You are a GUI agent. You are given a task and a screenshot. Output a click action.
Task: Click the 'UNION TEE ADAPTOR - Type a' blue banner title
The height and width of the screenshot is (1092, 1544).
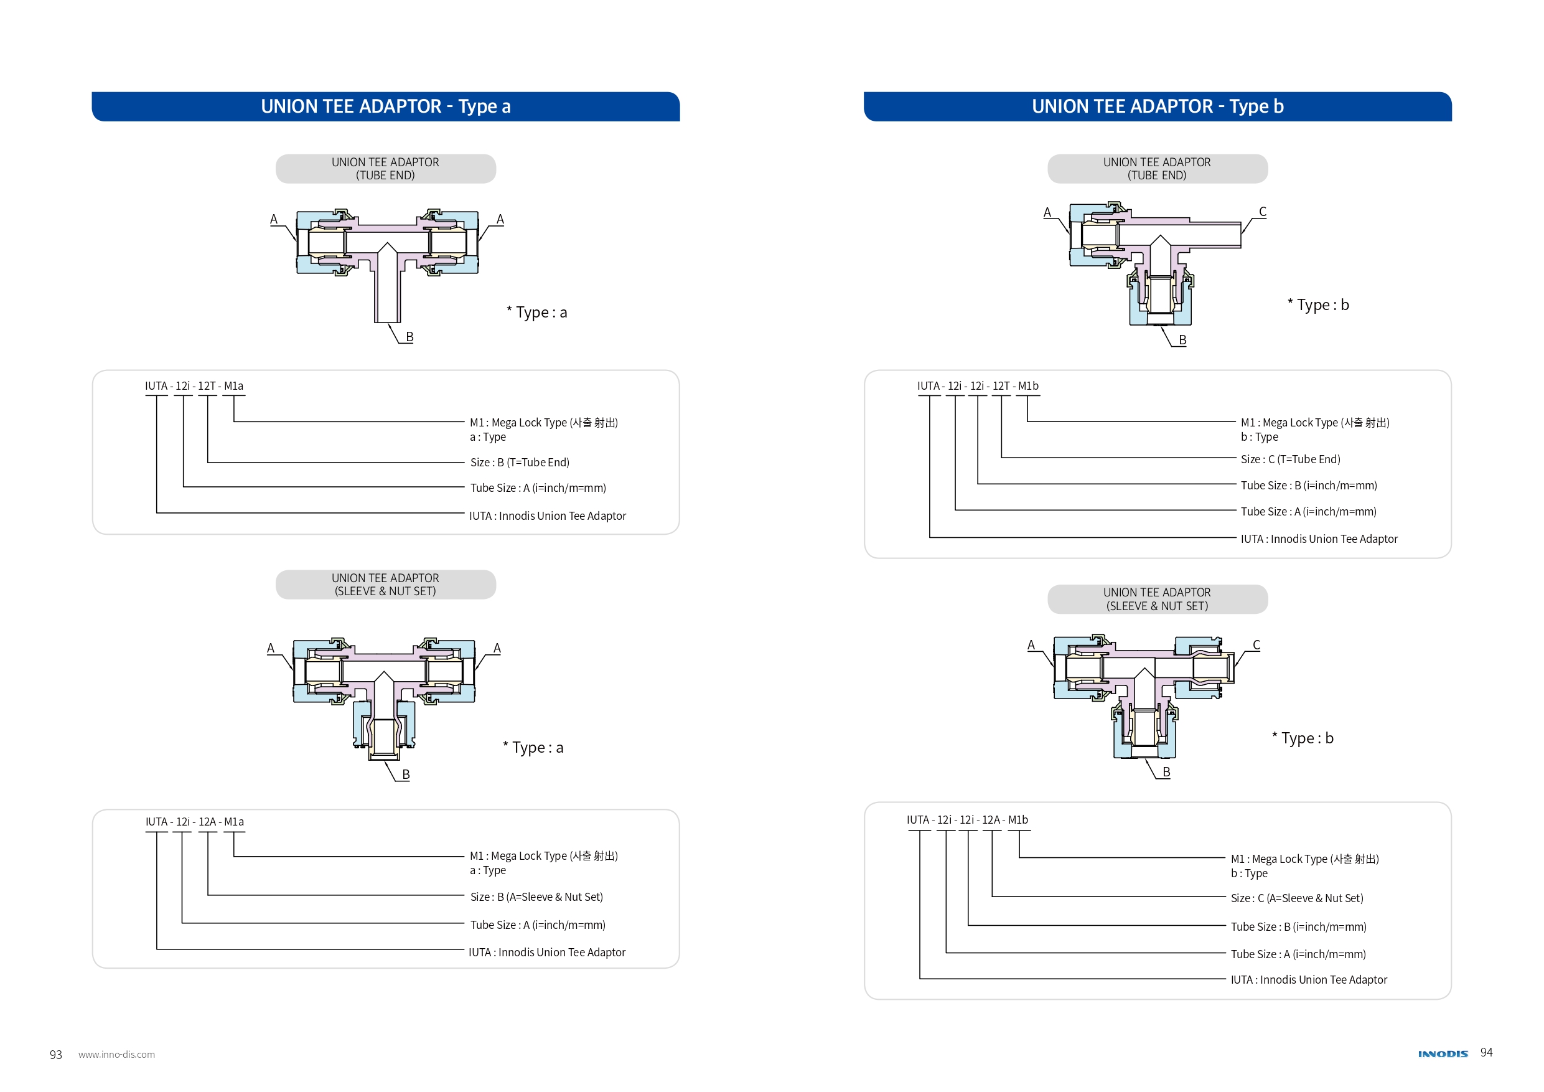click(385, 106)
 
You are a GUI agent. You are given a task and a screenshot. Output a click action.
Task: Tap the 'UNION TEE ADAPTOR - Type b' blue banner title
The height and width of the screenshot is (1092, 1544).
click(1157, 106)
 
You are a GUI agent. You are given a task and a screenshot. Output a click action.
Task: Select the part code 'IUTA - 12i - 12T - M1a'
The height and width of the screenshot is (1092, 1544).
click(194, 386)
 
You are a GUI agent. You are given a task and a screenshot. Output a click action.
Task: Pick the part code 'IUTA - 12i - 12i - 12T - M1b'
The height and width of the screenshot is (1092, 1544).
click(977, 386)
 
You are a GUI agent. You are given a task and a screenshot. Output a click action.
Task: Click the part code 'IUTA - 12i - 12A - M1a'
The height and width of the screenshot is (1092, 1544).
click(194, 822)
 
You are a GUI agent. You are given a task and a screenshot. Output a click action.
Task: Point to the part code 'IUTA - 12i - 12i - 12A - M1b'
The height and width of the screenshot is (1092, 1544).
click(966, 819)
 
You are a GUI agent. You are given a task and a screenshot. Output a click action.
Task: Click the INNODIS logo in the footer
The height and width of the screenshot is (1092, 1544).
click(1442, 1053)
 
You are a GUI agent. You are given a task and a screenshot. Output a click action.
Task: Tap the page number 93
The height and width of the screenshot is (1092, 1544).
click(56, 1054)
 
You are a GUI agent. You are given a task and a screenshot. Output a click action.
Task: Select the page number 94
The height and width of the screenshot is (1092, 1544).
click(1486, 1052)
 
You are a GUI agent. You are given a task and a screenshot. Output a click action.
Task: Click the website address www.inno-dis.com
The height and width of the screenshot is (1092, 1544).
click(116, 1054)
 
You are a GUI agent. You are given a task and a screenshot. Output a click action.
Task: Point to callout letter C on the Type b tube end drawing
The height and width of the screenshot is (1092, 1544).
click(1262, 211)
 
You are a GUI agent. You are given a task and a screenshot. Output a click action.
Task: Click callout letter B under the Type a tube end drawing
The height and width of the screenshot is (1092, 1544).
click(409, 336)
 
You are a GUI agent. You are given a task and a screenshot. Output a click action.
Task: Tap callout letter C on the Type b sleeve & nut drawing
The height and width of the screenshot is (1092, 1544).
click(1255, 644)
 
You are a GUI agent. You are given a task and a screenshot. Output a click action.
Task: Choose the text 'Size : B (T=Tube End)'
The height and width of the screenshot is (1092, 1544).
click(519, 462)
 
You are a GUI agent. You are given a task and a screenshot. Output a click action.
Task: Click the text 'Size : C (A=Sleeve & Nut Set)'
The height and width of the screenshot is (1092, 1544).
click(1296, 898)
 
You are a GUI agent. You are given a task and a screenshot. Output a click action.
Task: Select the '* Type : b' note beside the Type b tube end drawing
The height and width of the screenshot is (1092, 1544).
click(1317, 305)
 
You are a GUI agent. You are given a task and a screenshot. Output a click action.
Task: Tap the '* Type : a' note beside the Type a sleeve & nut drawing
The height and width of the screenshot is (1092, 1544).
click(533, 748)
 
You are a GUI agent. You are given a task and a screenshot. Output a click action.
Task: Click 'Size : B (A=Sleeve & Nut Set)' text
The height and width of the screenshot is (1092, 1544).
click(536, 897)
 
